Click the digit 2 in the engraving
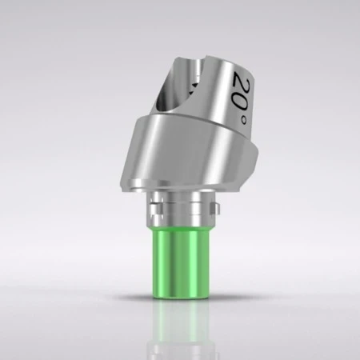[243, 80]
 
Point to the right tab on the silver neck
[213, 209]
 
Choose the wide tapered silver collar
[184, 160]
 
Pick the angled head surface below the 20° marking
[232, 132]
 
